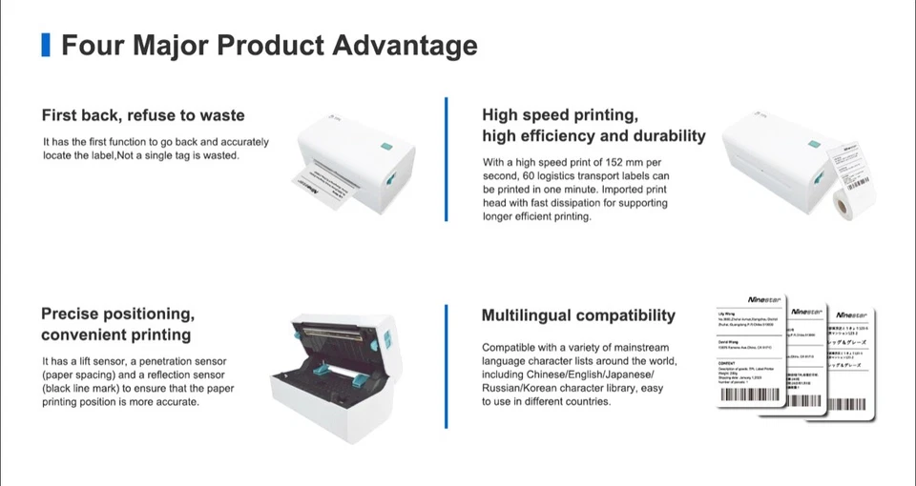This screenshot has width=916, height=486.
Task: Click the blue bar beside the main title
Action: (45, 45)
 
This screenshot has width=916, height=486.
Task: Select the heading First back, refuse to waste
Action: (143, 115)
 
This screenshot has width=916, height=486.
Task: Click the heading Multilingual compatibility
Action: (578, 315)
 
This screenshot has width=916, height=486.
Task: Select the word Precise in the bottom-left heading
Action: (70, 314)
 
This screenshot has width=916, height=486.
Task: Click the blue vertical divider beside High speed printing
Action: (447, 159)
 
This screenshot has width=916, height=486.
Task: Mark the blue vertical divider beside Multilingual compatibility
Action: (447, 367)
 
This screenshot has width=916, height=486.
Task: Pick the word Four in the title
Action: (87, 45)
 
